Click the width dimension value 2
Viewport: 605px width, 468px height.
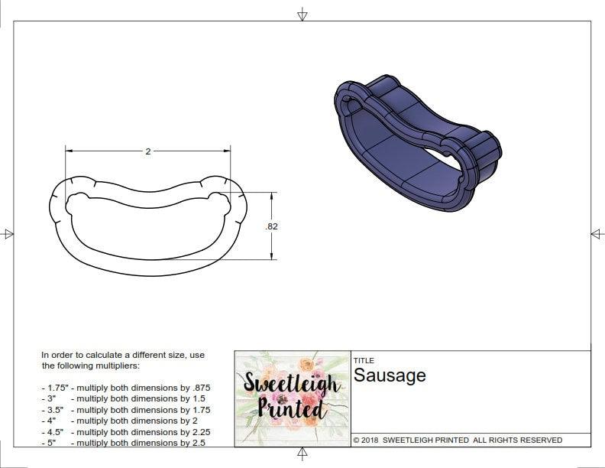click(x=147, y=151)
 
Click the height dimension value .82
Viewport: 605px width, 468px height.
click(x=270, y=226)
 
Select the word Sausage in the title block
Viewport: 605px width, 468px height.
click(x=390, y=375)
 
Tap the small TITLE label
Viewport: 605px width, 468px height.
click(x=364, y=361)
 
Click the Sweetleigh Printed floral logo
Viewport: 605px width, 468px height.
click(x=291, y=398)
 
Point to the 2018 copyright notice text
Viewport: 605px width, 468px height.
click(x=458, y=440)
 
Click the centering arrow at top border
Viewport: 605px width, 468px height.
click(x=302, y=14)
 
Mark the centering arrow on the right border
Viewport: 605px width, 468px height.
click(x=597, y=233)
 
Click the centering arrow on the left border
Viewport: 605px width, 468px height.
click(x=8, y=233)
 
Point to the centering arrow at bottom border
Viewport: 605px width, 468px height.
click(x=302, y=454)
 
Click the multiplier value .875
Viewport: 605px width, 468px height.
click(x=200, y=388)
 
